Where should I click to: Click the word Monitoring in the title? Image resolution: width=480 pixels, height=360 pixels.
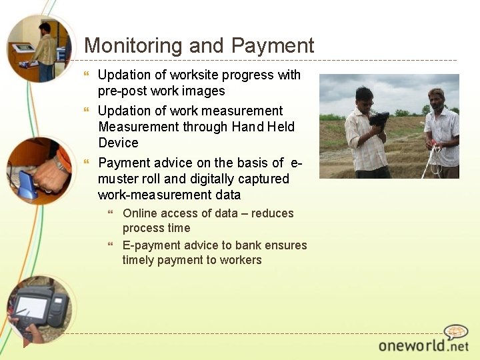[133, 45]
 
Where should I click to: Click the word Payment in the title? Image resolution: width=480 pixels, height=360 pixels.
[273, 45]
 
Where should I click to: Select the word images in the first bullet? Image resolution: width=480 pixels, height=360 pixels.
[201, 91]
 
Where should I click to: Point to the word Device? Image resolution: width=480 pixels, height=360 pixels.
[118, 143]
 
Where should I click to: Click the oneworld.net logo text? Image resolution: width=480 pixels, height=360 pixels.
[423, 345]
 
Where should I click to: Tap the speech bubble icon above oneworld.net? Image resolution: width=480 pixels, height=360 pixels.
[456, 331]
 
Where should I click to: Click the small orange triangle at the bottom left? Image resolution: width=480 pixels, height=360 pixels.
[27, 343]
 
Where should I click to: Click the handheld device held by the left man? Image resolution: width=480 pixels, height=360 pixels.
[379, 120]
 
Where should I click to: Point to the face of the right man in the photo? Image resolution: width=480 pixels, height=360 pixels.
[437, 98]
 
